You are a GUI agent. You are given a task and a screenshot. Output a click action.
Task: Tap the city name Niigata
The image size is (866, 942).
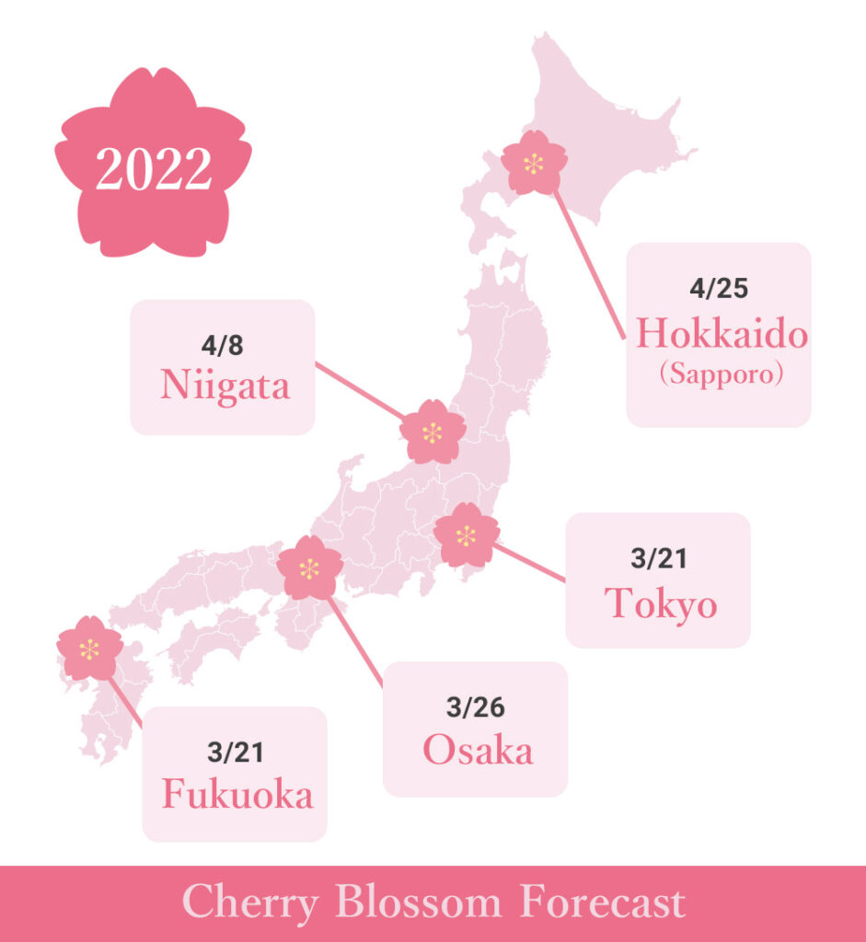(x=225, y=385)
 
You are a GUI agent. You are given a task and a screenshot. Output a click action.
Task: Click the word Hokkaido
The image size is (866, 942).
(x=722, y=334)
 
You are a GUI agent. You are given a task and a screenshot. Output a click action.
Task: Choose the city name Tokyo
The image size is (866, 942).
(x=660, y=604)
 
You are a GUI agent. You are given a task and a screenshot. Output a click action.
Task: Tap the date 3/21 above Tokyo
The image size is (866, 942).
(x=659, y=558)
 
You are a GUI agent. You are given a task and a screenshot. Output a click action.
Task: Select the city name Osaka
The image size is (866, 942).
(x=478, y=751)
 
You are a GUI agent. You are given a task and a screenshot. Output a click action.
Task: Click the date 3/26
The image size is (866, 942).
(x=476, y=707)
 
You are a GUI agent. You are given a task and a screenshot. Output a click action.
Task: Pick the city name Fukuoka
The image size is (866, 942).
(x=237, y=795)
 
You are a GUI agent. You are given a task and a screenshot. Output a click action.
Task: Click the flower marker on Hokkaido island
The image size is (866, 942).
(x=534, y=164)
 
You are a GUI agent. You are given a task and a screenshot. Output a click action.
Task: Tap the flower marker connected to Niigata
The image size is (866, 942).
(x=433, y=431)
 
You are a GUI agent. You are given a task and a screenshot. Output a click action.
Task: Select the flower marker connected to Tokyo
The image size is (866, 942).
(x=466, y=534)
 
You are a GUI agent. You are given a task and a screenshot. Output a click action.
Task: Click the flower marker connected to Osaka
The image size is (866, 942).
(x=309, y=569)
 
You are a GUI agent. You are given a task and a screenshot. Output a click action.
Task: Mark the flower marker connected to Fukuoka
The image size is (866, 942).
(x=89, y=649)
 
